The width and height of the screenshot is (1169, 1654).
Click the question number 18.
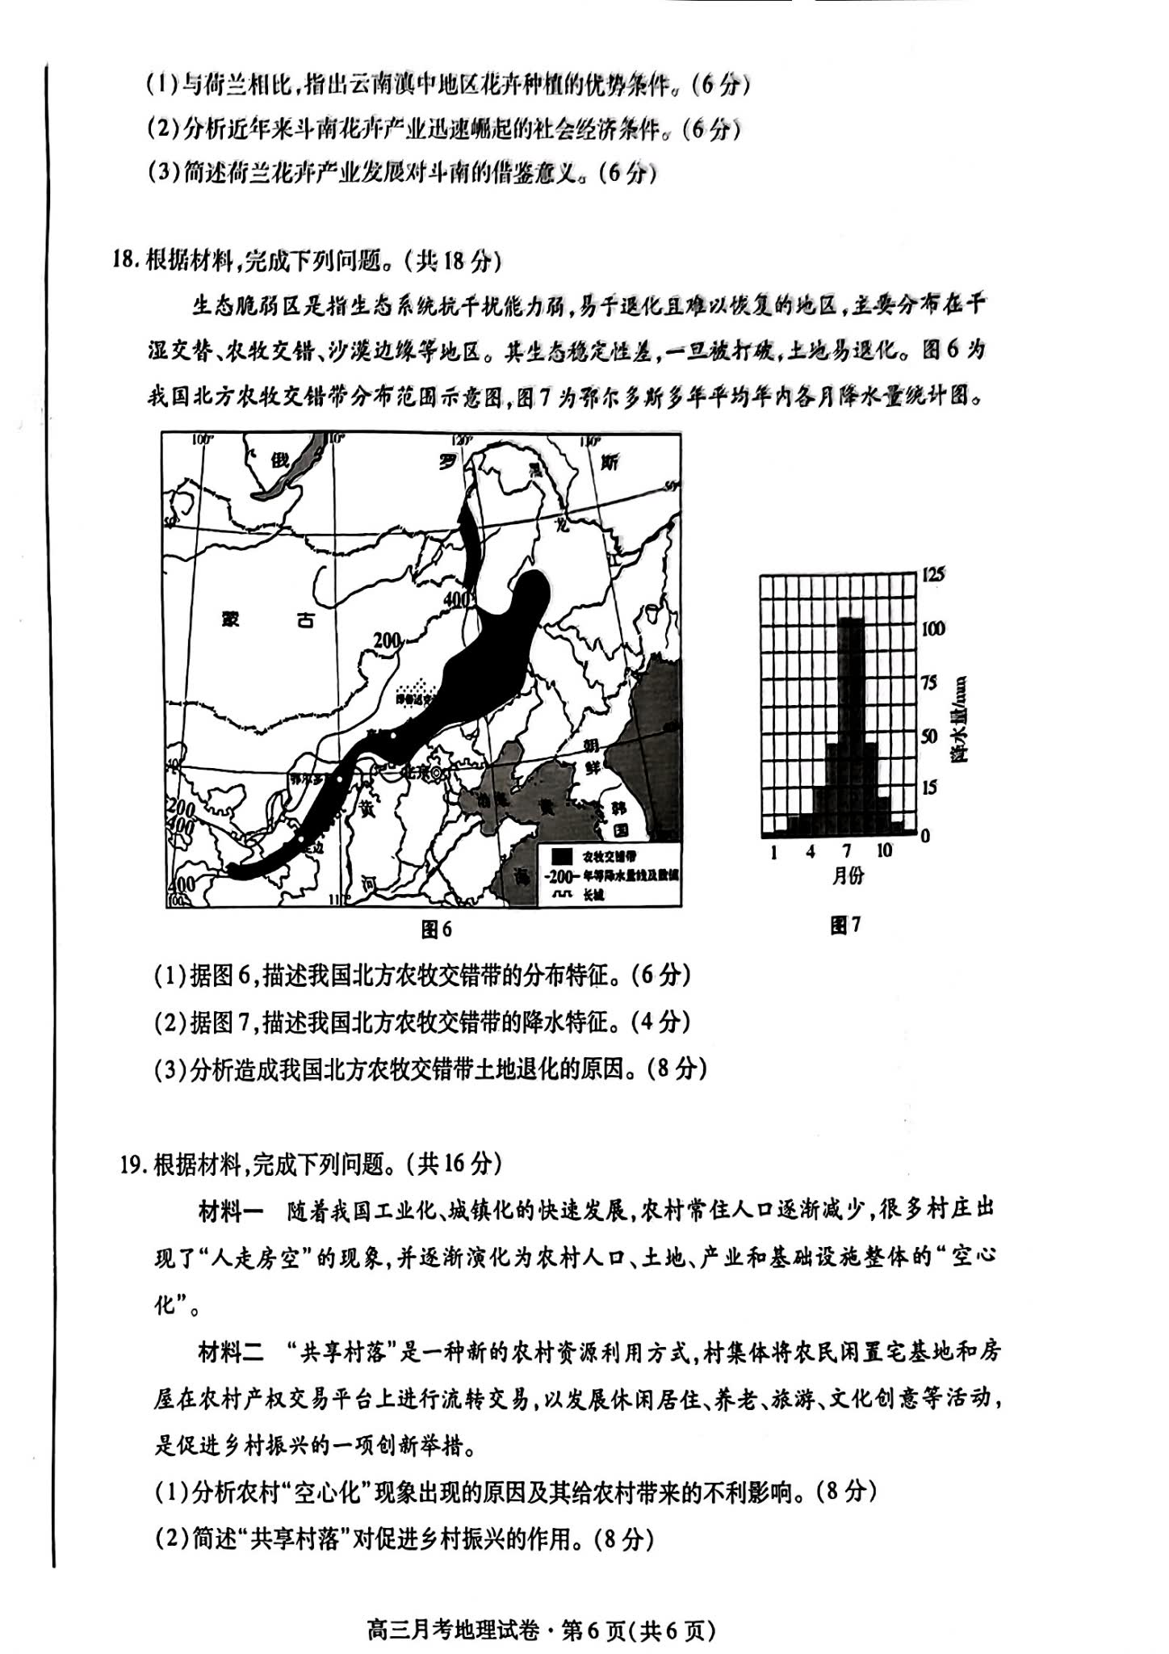point(126,260)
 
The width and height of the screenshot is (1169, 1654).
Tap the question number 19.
point(132,1165)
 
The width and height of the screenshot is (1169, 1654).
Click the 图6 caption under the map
point(437,930)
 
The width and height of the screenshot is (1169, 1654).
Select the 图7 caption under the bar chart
point(845,926)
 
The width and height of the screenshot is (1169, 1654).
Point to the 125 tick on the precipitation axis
point(933,575)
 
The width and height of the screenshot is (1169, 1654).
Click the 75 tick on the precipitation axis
point(930,682)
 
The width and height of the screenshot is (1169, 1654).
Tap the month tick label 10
point(884,850)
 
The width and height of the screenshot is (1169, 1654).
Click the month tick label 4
point(810,851)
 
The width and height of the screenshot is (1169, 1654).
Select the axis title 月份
point(848,875)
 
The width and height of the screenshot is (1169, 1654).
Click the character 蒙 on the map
point(232,619)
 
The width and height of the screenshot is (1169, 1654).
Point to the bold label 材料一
point(231,1211)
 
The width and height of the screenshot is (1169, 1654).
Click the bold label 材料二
point(231,1352)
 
